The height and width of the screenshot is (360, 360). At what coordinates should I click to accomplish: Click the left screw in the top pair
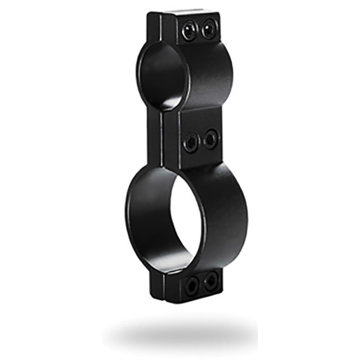(189, 30)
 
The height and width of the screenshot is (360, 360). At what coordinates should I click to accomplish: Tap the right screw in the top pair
(209, 29)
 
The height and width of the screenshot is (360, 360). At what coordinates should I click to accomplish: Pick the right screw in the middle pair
(210, 139)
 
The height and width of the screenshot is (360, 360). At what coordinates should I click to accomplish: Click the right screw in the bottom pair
(210, 282)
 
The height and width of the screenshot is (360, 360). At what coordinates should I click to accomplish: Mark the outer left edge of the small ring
(138, 73)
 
